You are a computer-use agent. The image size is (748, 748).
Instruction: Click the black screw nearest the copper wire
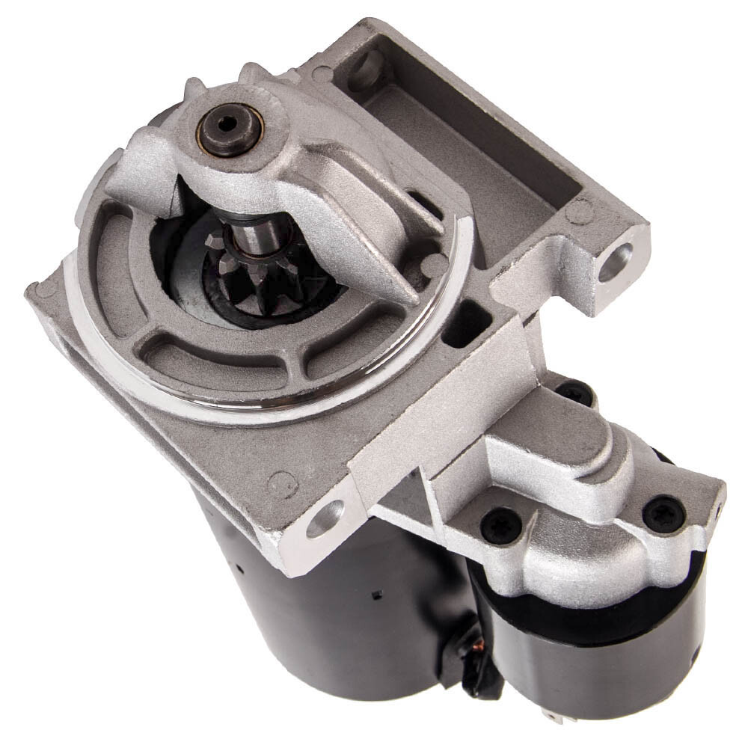(500, 526)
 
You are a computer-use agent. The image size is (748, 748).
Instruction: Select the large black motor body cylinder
(329, 606)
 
